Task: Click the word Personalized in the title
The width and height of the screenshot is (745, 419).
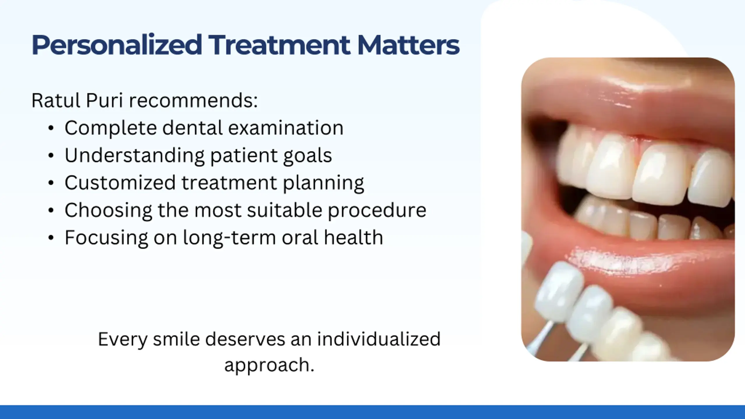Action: coord(117,45)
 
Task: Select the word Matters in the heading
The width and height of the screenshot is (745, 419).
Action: coord(408,45)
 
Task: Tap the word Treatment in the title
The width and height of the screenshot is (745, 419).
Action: coord(279,45)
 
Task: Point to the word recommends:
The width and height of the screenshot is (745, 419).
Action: coord(193,101)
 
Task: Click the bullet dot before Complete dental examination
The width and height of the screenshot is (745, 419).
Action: coord(51,128)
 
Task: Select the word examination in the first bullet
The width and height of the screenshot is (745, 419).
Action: coord(286,128)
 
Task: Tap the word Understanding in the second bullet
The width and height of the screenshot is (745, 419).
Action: coord(135,156)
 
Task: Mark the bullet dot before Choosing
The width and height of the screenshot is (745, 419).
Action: coord(51,210)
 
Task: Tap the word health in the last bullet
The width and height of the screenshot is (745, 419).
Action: coord(354,237)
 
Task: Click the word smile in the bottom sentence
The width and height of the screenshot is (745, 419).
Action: coord(177,339)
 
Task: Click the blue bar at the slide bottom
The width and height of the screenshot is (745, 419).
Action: coord(372,412)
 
